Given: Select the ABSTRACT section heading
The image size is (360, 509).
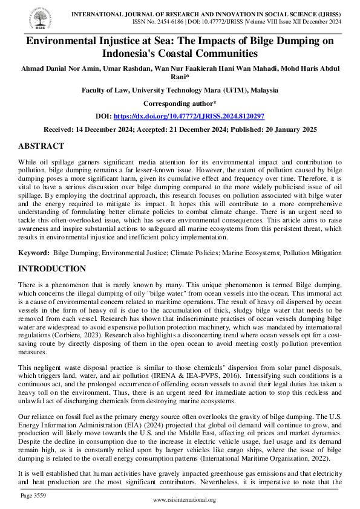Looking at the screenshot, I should [41, 146].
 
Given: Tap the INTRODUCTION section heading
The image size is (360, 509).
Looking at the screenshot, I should [52, 268].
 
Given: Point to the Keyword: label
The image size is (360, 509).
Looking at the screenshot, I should [34, 251].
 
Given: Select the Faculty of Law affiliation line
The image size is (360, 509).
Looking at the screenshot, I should [180, 90].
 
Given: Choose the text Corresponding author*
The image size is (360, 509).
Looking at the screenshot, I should [180, 103].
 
